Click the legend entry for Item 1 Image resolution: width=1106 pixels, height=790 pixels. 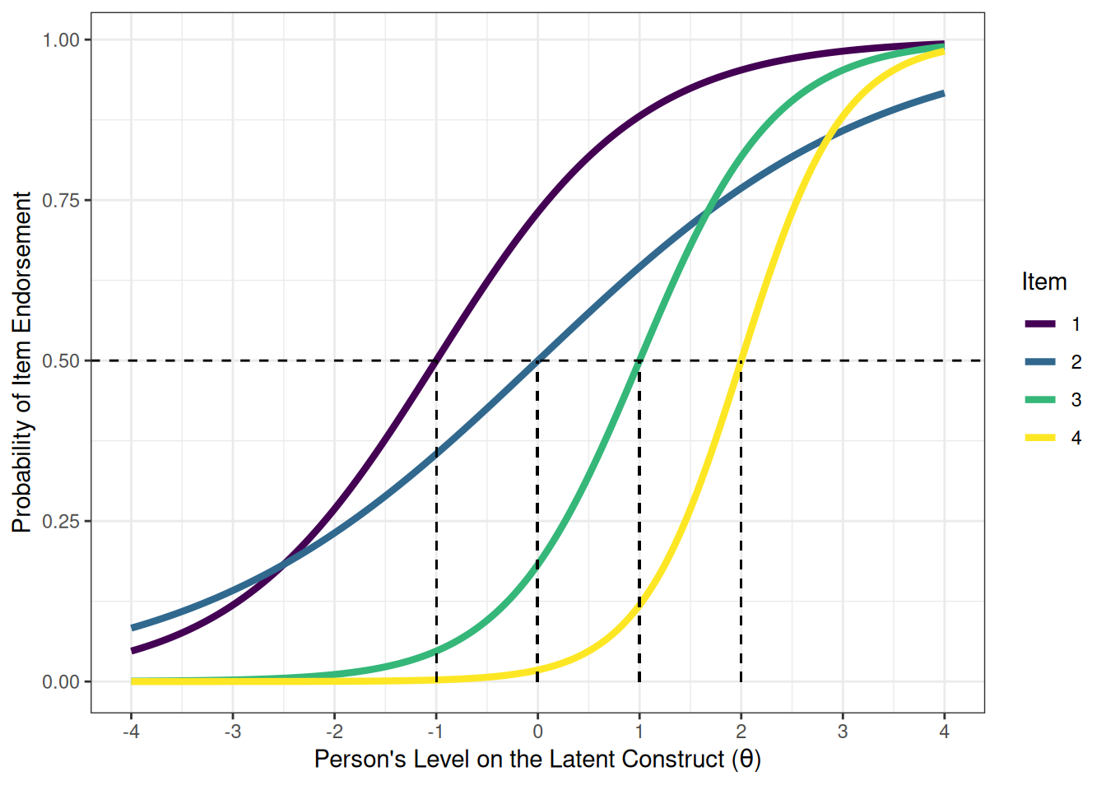[1040, 324]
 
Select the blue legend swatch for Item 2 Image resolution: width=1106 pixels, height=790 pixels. [1040, 362]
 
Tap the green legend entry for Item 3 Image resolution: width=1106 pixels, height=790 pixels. [1040, 400]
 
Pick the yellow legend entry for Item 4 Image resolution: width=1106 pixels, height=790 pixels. [1040, 438]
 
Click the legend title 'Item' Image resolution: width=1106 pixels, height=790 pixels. [1043, 281]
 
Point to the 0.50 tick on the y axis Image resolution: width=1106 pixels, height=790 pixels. [63, 360]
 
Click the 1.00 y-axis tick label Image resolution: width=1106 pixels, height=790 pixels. [63, 39]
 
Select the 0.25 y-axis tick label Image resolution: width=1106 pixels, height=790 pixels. [63, 521]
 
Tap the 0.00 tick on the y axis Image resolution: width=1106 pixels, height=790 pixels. [63, 681]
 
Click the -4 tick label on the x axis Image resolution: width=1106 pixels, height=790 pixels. [131, 732]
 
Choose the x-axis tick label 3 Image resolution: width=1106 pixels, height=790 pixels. [843, 732]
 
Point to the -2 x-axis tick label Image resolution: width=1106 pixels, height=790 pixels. [334, 732]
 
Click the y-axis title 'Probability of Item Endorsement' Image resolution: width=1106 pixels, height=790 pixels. [22, 362]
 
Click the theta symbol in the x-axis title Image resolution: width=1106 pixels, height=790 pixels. [746, 759]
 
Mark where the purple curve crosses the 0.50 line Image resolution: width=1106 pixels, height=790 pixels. [436, 360]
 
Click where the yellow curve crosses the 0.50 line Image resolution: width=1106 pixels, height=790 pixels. [741, 360]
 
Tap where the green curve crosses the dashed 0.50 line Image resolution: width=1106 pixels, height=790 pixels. [639, 360]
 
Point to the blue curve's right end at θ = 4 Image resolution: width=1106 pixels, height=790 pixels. [943, 94]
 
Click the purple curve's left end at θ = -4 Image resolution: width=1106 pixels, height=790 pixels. [132, 651]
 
